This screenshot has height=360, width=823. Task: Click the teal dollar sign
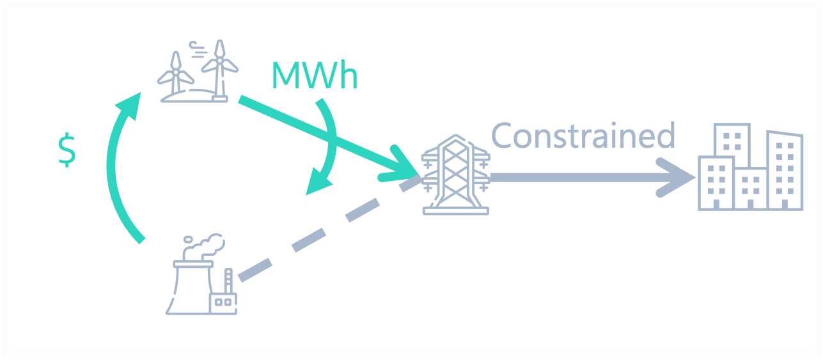pos(67,151)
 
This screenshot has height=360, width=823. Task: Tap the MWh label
pos(314,76)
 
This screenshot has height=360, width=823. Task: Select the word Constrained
pos(583,136)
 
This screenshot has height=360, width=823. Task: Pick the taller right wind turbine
pos(220,67)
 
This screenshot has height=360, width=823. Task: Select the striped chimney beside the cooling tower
pos(228,281)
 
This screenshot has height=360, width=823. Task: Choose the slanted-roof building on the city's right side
pos(785,169)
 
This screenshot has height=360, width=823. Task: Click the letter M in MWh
pos(286,76)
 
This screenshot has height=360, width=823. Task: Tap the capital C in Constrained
pos(503,136)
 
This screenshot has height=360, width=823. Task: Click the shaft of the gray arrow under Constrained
pos(576,178)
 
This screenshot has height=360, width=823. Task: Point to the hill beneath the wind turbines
pos(192,95)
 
